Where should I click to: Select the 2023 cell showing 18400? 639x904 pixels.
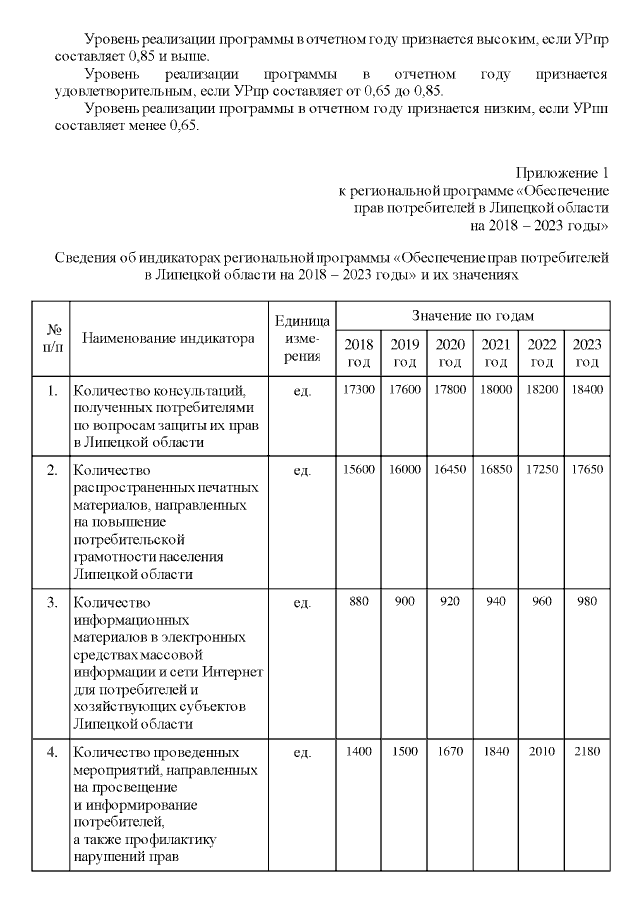point(588,389)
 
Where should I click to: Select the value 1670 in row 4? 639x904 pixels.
point(450,750)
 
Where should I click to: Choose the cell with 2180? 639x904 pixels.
point(588,750)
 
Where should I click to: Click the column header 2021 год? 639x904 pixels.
point(496,353)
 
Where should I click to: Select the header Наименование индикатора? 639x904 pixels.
point(168,338)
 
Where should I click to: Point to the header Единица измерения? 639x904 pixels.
point(302,337)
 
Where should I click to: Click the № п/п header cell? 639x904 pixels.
point(50,337)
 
